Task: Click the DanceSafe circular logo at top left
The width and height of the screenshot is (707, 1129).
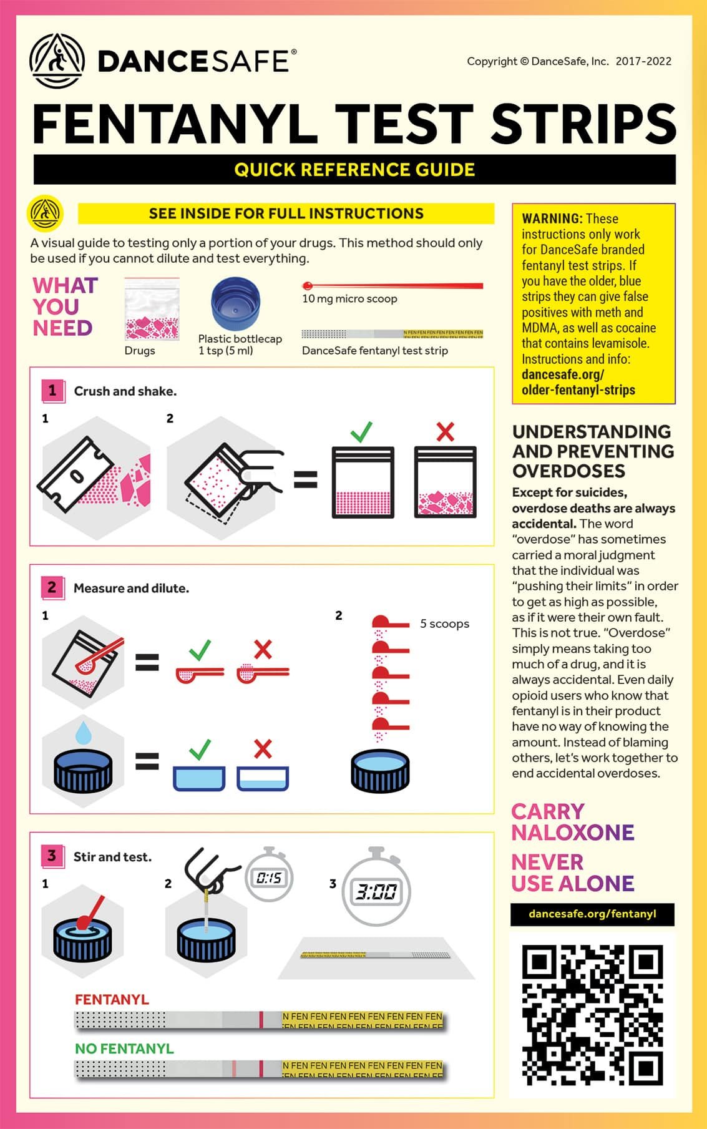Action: pos(57,61)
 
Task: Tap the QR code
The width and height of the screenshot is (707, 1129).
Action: pos(592,1015)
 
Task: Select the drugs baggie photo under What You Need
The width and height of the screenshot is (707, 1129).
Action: pos(152,310)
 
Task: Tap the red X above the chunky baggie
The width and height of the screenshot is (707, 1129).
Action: pos(445,431)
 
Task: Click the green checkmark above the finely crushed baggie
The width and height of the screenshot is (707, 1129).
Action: pos(361,431)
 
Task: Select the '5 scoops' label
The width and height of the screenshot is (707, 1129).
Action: pos(444,623)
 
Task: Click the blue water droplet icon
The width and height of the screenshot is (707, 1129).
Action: pos(83,732)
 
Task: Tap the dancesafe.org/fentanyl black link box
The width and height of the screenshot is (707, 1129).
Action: pos(592,914)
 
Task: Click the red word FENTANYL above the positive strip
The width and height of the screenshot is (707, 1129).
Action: pos(112,999)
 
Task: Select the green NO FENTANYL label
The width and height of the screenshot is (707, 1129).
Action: pos(124,1048)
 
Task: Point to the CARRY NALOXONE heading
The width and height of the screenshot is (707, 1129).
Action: pos(572,821)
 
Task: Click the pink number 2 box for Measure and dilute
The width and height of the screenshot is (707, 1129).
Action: pos(52,587)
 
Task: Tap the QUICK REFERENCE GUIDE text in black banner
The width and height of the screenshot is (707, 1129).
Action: pos(354,170)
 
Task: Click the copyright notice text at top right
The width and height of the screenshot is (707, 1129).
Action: pos(568,61)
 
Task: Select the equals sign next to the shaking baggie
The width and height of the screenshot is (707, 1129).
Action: pos(305,479)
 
